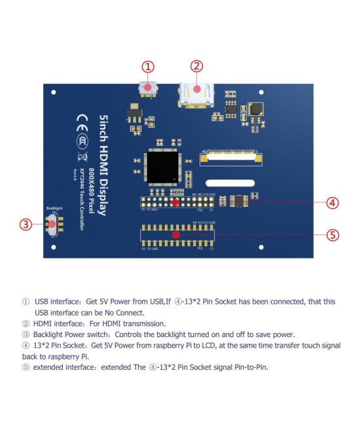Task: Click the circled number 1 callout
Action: [149, 66]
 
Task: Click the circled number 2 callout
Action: [197, 66]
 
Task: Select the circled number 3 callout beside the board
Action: [26, 225]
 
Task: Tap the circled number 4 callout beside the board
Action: [333, 202]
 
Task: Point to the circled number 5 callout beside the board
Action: [333, 234]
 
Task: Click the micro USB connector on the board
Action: [149, 88]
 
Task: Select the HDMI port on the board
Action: [196, 95]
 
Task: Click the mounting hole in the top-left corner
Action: [52, 91]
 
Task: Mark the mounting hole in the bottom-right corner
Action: [261, 248]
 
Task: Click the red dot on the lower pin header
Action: [175, 234]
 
